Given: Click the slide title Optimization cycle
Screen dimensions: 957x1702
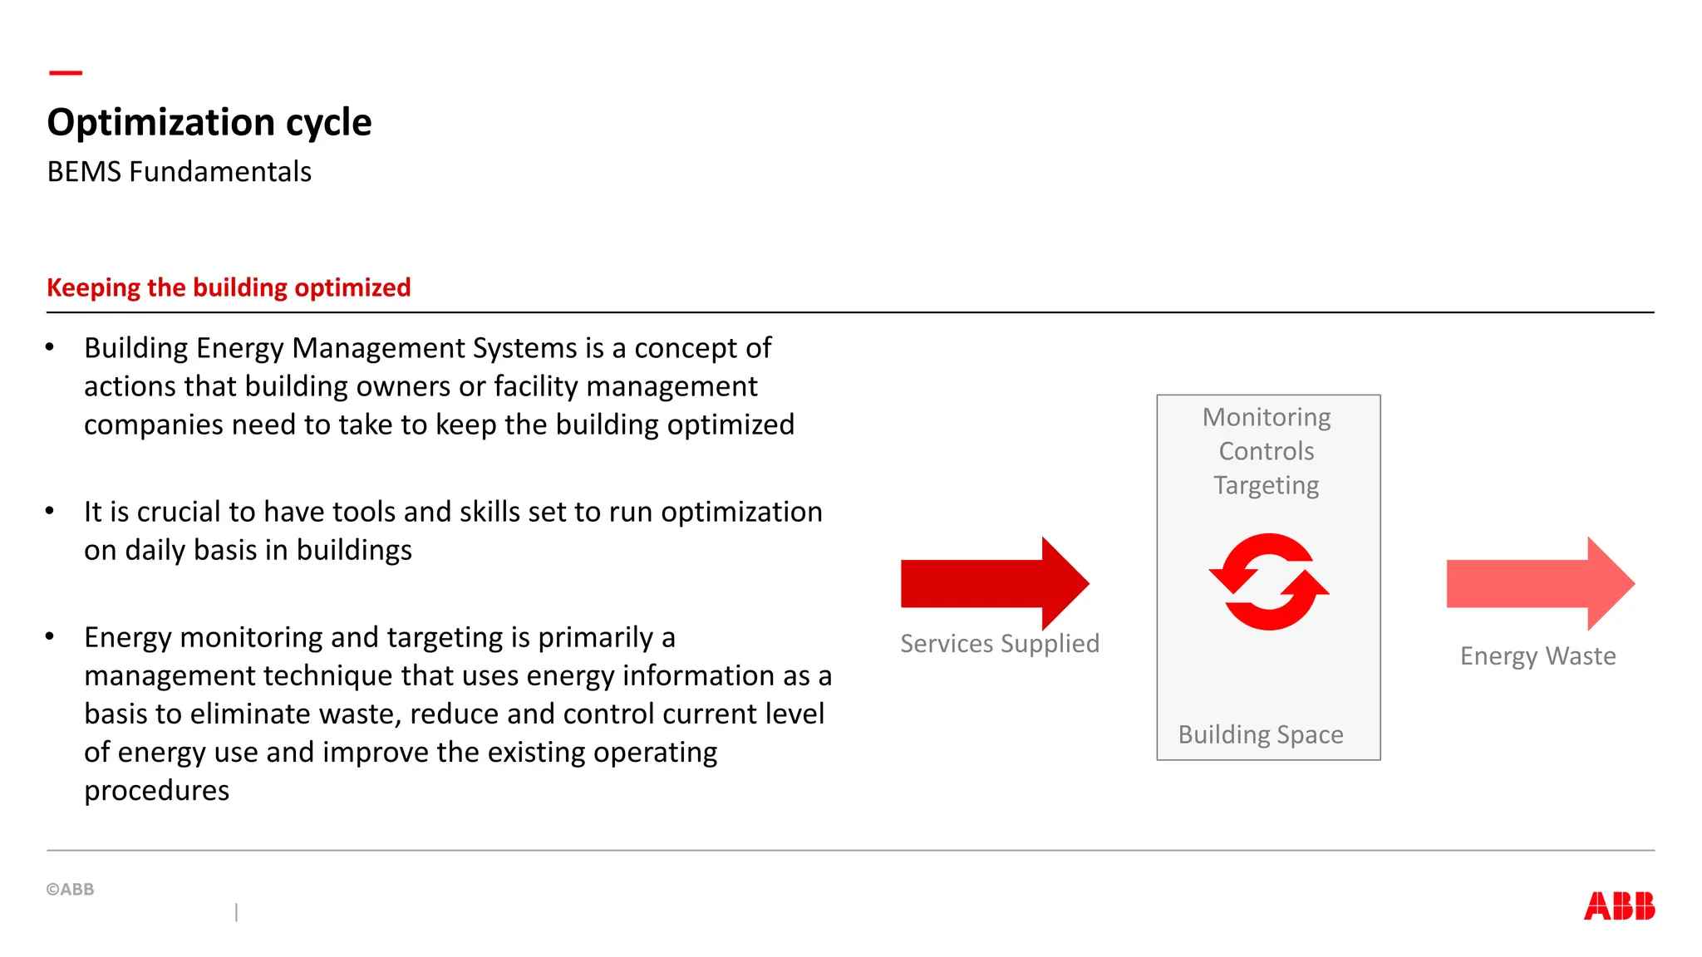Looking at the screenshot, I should click(209, 122).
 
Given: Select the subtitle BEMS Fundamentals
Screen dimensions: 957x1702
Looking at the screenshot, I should click(180, 172).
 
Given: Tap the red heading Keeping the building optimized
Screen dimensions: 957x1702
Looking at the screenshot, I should click(229, 287).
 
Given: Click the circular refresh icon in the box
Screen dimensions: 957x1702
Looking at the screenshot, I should click(1268, 582).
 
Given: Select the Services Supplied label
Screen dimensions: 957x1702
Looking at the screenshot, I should click(1000, 643).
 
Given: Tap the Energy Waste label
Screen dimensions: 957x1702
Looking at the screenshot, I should click(1537, 655).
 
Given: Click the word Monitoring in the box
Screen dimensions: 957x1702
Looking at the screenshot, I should click(1267, 417).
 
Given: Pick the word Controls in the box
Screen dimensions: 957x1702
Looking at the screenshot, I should click(1267, 451).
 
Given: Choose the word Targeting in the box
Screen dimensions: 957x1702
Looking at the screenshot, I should click(1267, 485).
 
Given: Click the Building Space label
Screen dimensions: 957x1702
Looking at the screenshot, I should click(1261, 734).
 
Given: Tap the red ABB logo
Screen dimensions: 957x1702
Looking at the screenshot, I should click(1619, 905).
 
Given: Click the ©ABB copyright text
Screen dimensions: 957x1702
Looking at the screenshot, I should click(71, 889).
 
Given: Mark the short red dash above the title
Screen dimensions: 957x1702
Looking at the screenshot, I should click(66, 73).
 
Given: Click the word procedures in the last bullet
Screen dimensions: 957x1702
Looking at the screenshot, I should click(157, 790).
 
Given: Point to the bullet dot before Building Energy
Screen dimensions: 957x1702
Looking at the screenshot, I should click(50, 347).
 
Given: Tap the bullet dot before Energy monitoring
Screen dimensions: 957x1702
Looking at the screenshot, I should click(50, 637).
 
